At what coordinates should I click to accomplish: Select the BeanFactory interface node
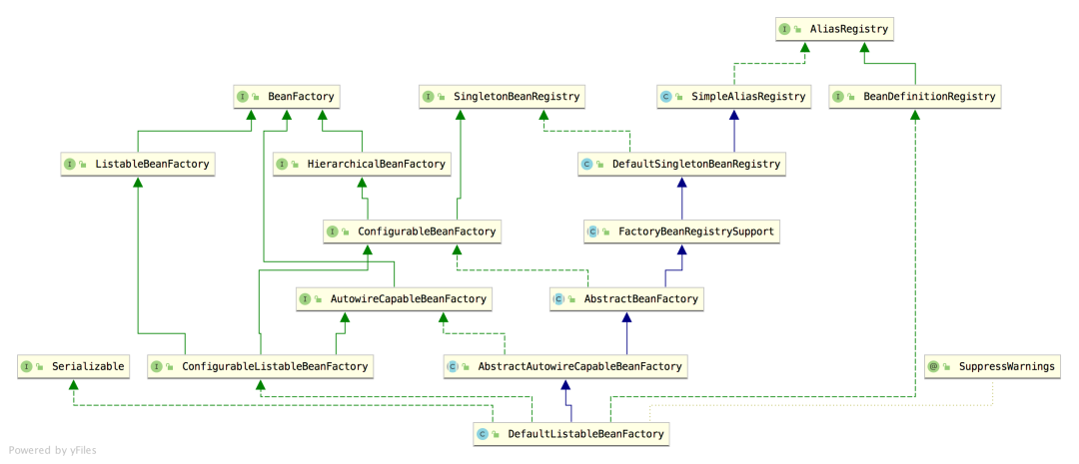point(287,97)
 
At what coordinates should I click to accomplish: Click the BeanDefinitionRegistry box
point(914,97)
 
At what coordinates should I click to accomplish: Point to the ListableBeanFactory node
point(137,165)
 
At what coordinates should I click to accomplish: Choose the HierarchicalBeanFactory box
point(363,165)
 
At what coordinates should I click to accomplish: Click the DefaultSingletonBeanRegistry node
point(682,165)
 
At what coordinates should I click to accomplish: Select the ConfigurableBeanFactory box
point(412,232)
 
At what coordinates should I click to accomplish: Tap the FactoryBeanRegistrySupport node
point(682,232)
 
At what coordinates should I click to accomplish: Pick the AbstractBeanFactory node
point(626,299)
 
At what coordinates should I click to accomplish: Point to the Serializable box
point(73,366)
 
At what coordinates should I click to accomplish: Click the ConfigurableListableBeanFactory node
point(261,366)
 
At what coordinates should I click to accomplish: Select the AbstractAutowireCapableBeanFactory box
point(565,366)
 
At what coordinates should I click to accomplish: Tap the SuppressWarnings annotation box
point(992,366)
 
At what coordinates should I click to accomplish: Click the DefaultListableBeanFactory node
point(571,434)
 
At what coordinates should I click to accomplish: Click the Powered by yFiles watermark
point(52,450)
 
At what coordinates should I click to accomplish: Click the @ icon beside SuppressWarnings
point(934,366)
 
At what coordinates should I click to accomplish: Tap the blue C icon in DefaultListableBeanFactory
point(483,434)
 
